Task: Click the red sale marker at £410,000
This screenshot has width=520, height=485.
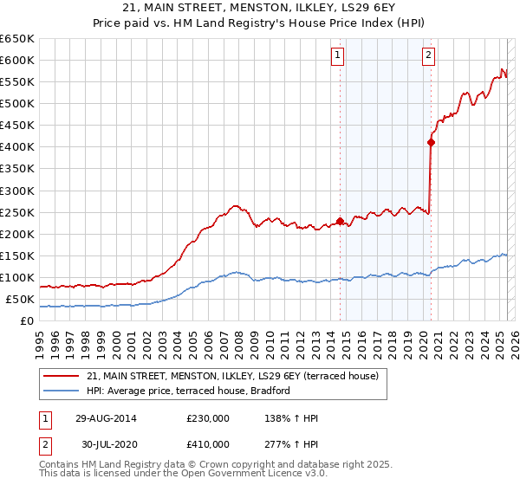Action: click(x=431, y=142)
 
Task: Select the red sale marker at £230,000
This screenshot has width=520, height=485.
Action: click(x=340, y=220)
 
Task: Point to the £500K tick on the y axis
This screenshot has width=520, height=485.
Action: click(x=17, y=103)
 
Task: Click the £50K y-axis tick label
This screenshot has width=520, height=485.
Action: click(x=19, y=299)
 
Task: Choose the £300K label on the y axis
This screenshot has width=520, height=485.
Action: click(x=17, y=191)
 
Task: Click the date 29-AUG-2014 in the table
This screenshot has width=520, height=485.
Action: click(x=106, y=418)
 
